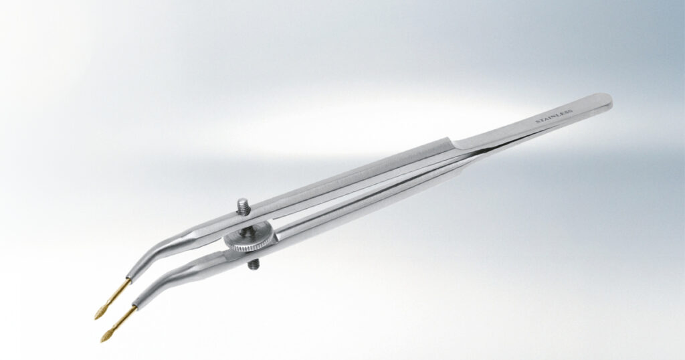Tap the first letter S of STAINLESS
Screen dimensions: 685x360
click(x=537, y=122)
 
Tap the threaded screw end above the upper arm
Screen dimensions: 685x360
click(x=243, y=206)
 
